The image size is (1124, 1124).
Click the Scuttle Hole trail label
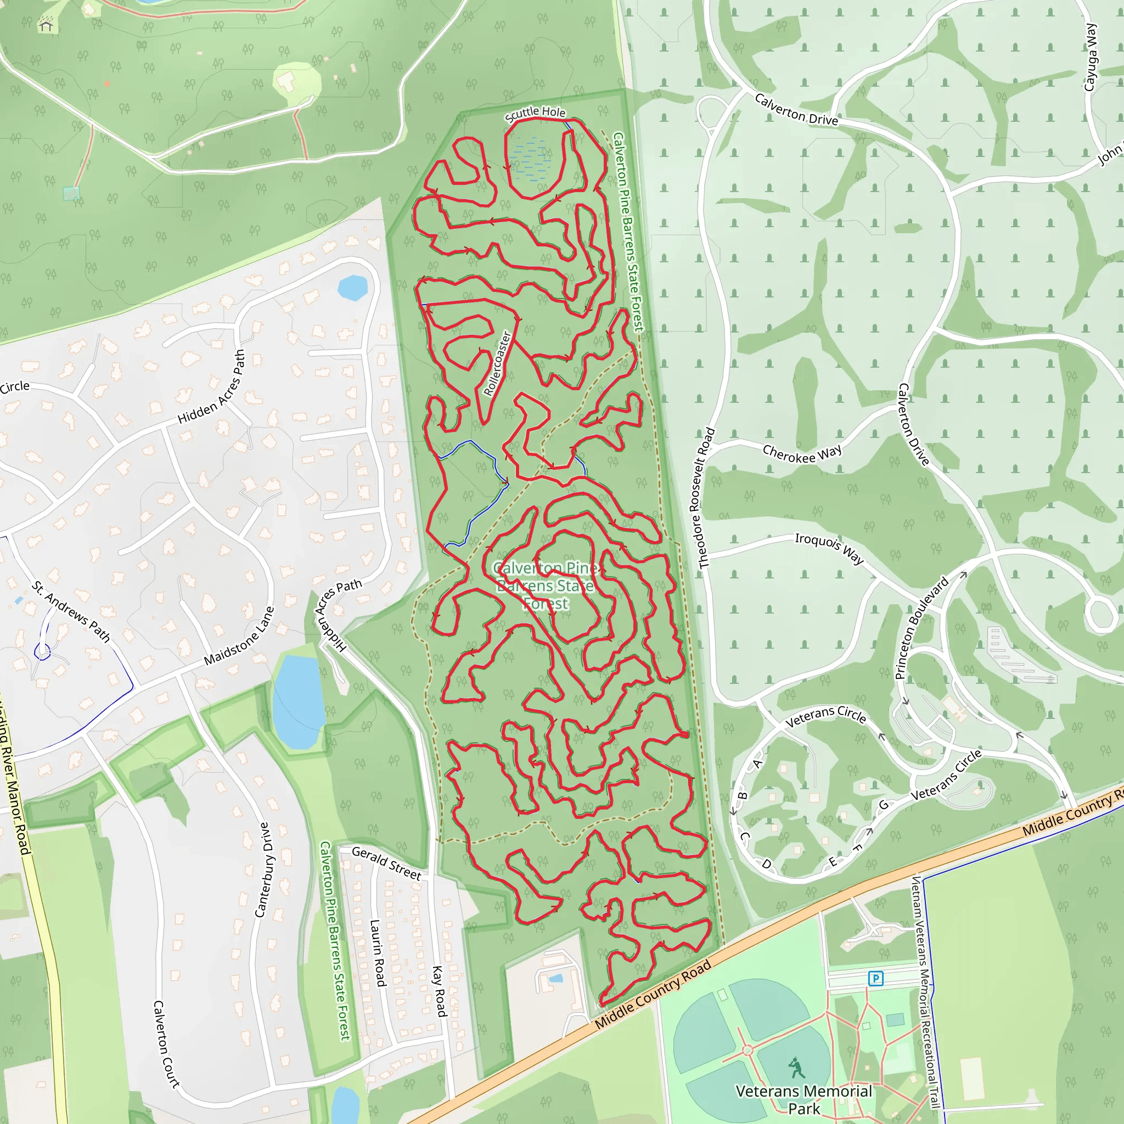point(535,113)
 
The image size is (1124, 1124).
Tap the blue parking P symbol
point(875,978)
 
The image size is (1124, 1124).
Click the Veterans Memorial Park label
point(803,1099)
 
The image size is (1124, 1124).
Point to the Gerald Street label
point(386,863)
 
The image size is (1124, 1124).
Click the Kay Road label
point(439,991)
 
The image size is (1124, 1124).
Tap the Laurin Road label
point(378,952)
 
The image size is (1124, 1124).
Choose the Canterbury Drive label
point(263,870)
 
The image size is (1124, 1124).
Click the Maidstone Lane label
point(239,637)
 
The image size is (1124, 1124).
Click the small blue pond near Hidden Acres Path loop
point(352,288)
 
